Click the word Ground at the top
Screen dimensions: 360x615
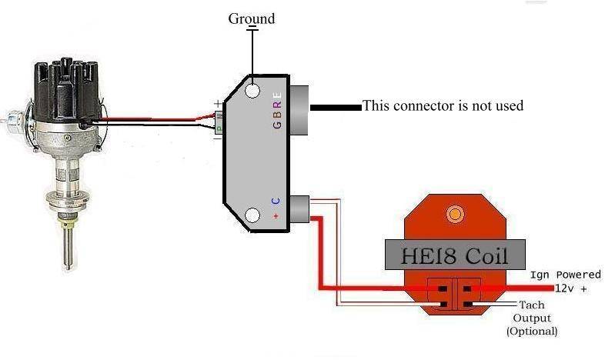pyautogui.click(x=251, y=18)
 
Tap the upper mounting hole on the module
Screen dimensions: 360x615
pyautogui.click(x=252, y=92)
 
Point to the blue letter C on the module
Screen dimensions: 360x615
pyautogui.click(x=276, y=201)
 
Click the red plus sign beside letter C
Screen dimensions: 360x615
pyautogui.click(x=276, y=217)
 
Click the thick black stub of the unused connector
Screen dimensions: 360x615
pyautogui.click(x=336, y=107)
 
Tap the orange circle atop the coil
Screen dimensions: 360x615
pyautogui.click(x=456, y=213)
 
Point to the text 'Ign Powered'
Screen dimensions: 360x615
pyautogui.click(x=565, y=275)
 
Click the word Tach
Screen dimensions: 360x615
pyautogui.click(x=532, y=305)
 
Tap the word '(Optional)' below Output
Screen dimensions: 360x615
pyautogui.click(x=532, y=332)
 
